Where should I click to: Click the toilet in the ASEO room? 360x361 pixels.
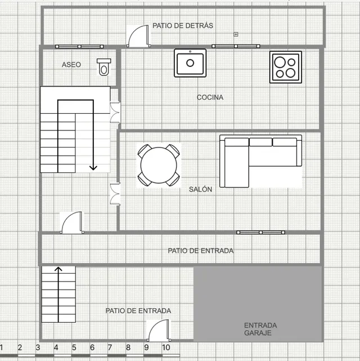104,67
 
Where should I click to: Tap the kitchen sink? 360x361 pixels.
190,63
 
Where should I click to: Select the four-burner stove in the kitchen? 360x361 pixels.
286,67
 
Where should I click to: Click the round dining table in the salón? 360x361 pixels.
159,165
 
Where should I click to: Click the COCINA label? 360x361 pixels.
210,97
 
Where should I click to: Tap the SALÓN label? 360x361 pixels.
200,189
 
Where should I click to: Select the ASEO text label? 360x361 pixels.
71,65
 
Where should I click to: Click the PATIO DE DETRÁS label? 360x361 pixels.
183,25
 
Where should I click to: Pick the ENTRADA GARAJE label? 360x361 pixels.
260,329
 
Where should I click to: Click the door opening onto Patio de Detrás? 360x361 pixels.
138,37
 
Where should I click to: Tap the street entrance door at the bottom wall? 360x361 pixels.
159,331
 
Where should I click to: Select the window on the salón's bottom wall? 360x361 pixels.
260,232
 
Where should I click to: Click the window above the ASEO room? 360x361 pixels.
79,47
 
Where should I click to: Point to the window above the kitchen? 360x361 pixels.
236,46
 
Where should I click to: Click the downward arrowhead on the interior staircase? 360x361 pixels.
93,167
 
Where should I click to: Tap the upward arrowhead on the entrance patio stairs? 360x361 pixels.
58,269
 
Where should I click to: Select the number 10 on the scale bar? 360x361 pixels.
166,347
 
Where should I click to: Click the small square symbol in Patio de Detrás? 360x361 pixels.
236,34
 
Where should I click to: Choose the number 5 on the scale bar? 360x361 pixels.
74,347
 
